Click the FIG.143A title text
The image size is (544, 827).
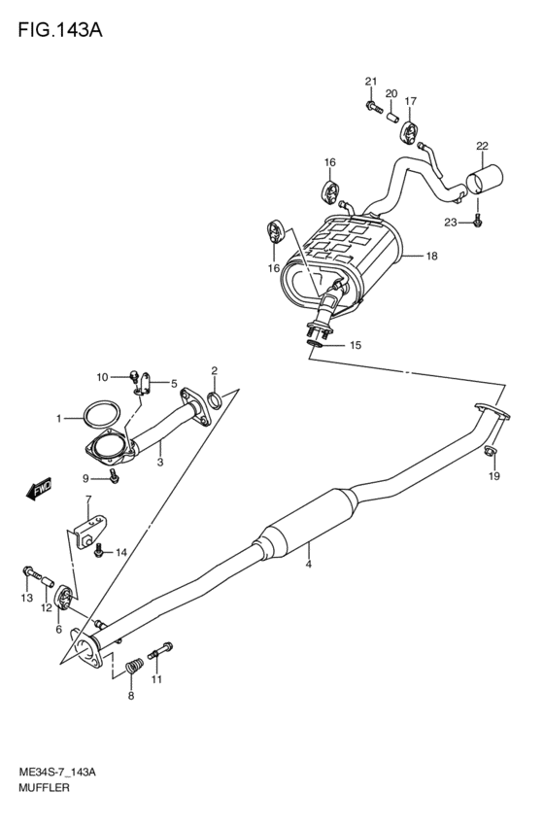pos(57,28)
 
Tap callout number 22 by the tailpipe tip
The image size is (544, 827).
pos(482,147)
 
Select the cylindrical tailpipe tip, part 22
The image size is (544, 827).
pos(486,182)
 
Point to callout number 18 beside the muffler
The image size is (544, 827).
pos(432,257)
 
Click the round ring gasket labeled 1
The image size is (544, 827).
pos(95,414)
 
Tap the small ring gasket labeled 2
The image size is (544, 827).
pos(219,398)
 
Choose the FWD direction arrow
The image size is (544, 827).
pos(38,491)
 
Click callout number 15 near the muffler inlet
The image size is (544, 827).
pos(355,345)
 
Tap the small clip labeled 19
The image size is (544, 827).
pos(492,451)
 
